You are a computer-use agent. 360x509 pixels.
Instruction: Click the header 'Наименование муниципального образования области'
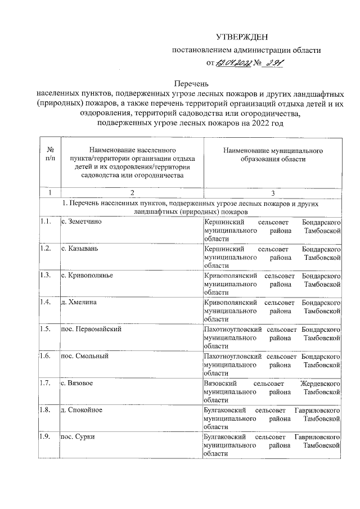click(272, 155)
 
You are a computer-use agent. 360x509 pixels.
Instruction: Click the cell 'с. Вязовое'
click(77, 383)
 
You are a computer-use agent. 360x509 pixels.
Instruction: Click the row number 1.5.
click(46, 329)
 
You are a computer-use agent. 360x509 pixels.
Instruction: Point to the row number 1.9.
click(46, 436)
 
